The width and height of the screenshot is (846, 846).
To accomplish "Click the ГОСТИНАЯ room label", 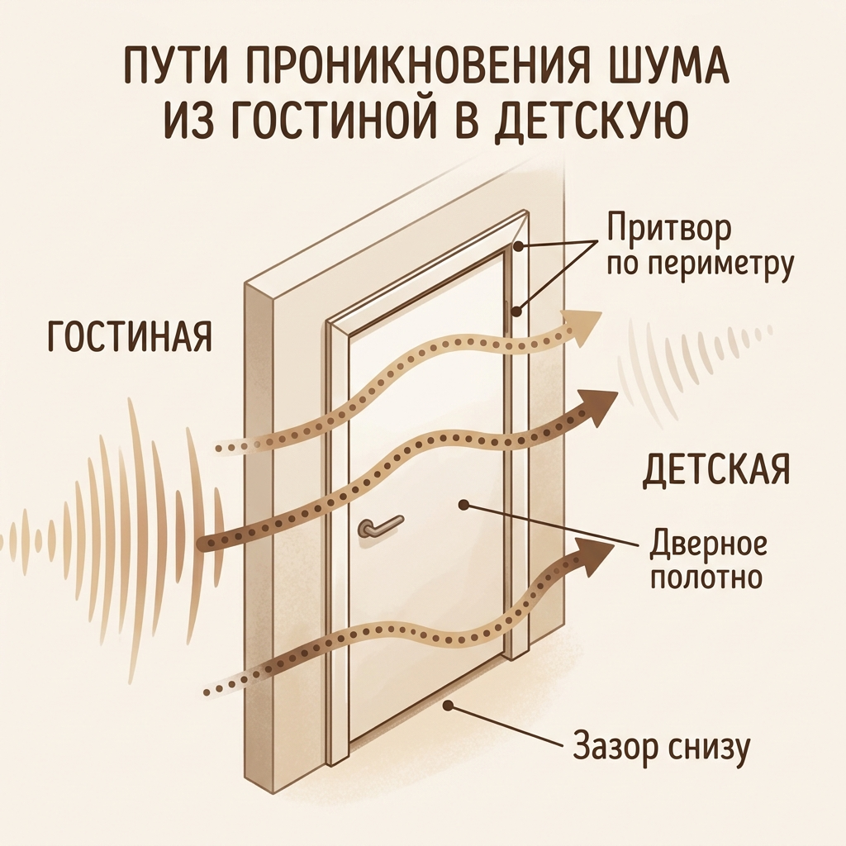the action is click(x=130, y=336).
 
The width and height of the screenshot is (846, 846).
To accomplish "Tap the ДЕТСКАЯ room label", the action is click(x=716, y=468).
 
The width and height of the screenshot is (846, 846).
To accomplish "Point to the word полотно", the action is click(x=707, y=577).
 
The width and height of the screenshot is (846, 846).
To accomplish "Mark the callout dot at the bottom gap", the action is click(x=447, y=704).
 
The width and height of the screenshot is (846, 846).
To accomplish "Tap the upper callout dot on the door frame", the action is click(x=519, y=246).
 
